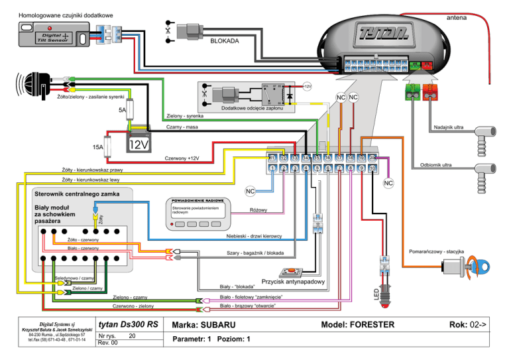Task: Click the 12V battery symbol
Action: click(140, 143)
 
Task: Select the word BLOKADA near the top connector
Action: click(225, 40)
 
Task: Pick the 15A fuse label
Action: click(97, 147)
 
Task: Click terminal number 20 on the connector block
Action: click(372, 158)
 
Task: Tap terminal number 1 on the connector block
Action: click(273, 168)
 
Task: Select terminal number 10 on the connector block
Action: click(372, 168)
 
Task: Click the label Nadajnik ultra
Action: click(448, 127)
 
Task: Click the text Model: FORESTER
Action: click(358, 324)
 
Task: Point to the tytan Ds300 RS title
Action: click(127, 325)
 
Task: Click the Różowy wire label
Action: click(258, 210)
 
